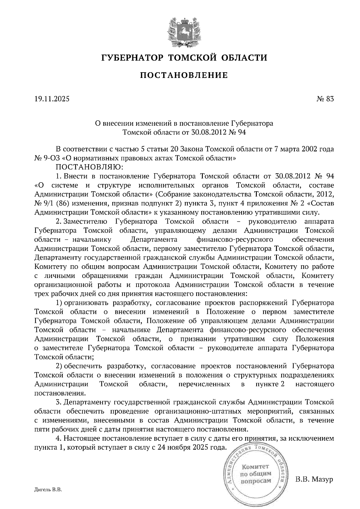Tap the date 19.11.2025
pyautogui.click(x=52, y=99)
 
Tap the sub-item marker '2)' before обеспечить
pyautogui.click(x=59, y=366)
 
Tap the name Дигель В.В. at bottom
pyautogui.click(x=48, y=490)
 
